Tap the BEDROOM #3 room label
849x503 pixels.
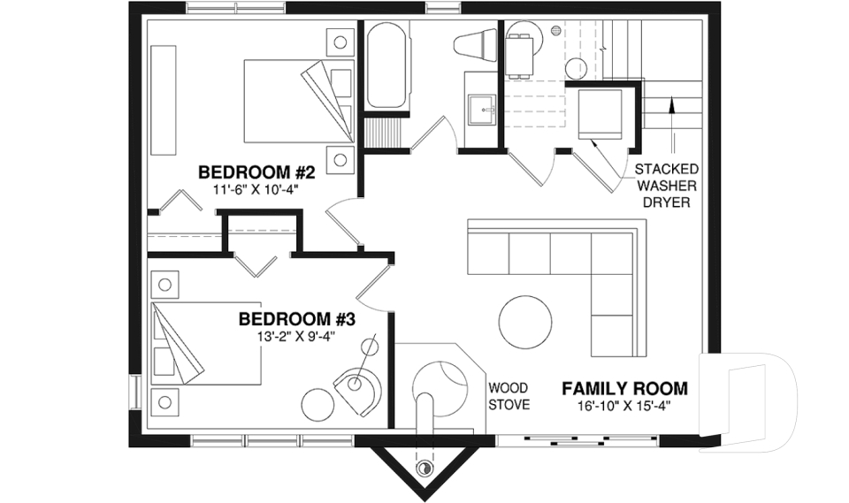click(296, 318)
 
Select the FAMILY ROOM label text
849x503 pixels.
click(624, 388)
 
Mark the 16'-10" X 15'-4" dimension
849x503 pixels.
click(624, 406)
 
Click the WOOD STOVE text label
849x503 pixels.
click(509, 396)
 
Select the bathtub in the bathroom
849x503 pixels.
click(386, 66)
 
